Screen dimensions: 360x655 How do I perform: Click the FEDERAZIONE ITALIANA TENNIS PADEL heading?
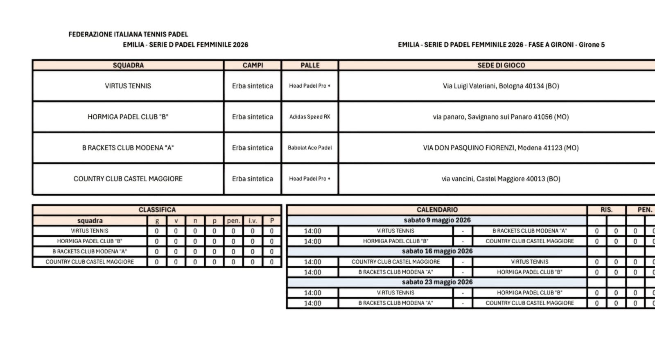(x=128, y=34)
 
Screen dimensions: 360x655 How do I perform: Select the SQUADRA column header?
(x=128, y=65)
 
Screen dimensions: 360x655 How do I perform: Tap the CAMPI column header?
(x=253, y=65)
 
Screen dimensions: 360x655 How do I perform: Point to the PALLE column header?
(x=310, y=65)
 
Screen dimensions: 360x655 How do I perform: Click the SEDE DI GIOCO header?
(x=501, y=65)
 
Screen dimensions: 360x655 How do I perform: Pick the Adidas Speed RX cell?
(x=310, y=117)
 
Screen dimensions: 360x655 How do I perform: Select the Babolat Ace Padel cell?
(x=310, y=148)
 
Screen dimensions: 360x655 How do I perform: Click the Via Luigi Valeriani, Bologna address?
(x=501, y=86)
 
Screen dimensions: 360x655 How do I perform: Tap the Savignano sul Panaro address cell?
(x=501, y=117)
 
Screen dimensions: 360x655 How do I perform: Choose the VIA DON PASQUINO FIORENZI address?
(x=501, y=148)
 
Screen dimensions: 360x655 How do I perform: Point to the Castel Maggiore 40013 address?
(x=501, y=179)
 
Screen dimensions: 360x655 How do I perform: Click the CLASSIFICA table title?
(x=157, y=210)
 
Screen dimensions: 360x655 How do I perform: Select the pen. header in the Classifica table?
(x=233, y=221)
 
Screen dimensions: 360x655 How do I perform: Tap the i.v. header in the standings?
(x=253, y=221)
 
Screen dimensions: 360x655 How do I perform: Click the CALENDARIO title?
(x=437, y=210)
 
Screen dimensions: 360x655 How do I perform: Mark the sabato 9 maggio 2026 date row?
(x=437, y=220)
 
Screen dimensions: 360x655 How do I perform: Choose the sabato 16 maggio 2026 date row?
(x=437, y=251)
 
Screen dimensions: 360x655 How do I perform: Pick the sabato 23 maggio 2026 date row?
(x=437, y=282)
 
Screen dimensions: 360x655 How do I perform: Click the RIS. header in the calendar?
(x=606, y=210)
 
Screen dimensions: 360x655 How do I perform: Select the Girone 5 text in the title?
(x=592, y=45)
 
